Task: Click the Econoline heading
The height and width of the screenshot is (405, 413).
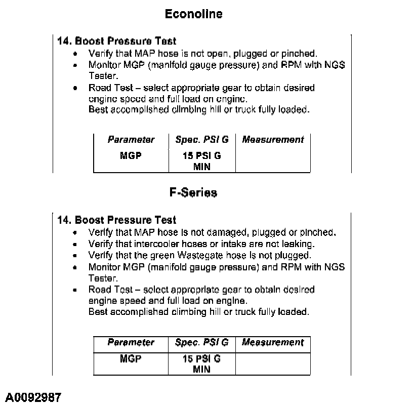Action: pos(193,14)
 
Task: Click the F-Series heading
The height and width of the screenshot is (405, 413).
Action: pos(193,193)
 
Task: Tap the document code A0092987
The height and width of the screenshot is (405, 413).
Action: pos(34,397)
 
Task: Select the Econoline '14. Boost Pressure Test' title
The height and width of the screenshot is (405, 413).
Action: pos(117,41)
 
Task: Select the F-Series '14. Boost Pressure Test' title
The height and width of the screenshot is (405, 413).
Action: pos(117,220)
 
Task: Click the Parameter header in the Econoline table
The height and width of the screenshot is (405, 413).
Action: pos(131,140)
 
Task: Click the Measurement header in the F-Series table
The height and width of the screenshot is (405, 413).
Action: pos(273,343)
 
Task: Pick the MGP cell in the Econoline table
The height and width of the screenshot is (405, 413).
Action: pos(131,155)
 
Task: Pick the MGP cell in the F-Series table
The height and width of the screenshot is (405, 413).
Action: pos(131,358)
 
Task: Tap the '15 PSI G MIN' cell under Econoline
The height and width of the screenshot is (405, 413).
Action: pos(201,161)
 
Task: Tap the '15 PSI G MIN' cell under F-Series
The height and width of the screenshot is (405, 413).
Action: pos(201,364)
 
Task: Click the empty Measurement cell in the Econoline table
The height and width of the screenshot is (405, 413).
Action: pos(273,160)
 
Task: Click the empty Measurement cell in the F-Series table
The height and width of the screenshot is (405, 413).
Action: pos(273,363)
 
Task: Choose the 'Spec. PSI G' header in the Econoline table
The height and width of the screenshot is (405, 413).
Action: pos(201,140)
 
